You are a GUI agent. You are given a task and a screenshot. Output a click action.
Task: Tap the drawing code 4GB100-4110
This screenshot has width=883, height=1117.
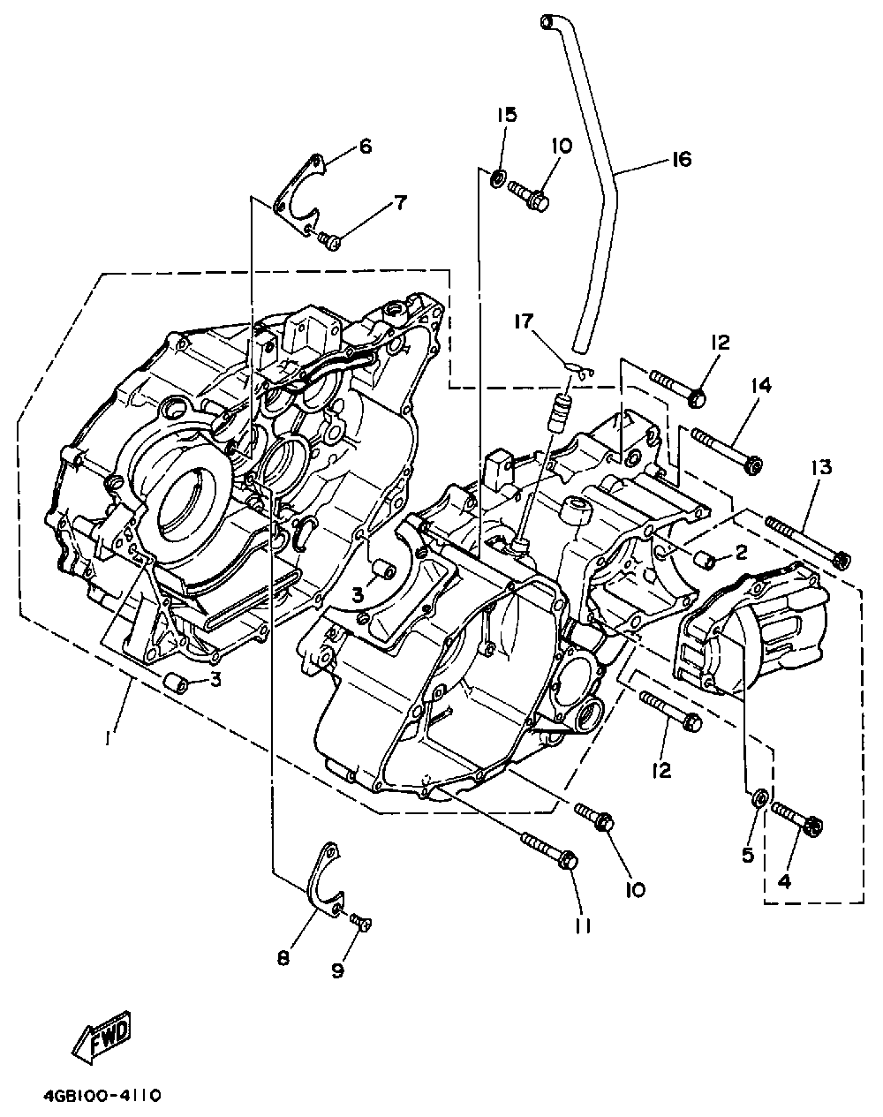tap(102, 1096)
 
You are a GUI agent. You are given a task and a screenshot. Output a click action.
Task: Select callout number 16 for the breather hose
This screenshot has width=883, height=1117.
tap(682, 159)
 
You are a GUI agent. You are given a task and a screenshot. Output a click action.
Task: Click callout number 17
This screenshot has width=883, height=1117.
tap(524, 321)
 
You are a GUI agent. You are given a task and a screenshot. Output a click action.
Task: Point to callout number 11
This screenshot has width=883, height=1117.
tap(583, 926)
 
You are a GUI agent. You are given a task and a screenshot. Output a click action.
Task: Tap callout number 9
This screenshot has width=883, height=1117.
tap(338, 970)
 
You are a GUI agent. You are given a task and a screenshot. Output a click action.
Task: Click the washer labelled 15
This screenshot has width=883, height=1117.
tap(497, 179)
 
